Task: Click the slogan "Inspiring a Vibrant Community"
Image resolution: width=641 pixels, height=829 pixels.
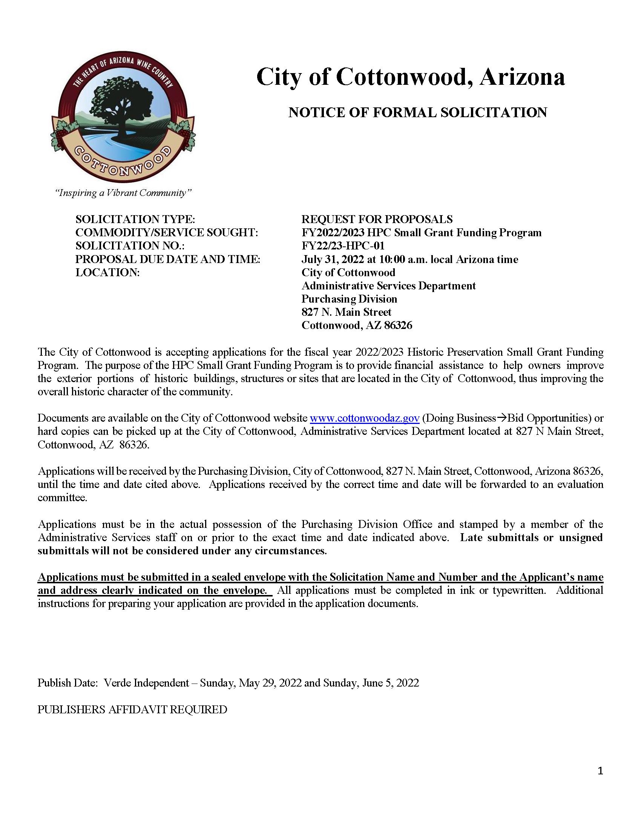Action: click(x=123, y=193)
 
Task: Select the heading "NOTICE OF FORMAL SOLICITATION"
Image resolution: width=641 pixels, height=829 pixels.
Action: click(x=418, y=112)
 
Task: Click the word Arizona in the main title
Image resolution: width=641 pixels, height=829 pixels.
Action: click(x=522, y=77)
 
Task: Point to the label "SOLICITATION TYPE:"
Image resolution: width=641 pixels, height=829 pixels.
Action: click(x=135, y=219)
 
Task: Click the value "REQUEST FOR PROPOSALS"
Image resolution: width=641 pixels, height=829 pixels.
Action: click(x=377, y=219)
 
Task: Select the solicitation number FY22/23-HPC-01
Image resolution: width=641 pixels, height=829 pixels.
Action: click(x=343, y=246)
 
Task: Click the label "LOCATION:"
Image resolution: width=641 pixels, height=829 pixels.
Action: click(x=107, y=272)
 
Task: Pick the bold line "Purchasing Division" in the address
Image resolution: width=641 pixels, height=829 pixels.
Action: click(x=349, y=299)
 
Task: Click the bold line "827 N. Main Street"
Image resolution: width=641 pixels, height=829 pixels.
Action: click(x=346, y=312)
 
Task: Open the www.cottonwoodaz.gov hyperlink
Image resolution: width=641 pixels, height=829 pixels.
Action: click(x=365, y=418)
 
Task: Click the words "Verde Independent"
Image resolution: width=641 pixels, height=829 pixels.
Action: click(x=146, y=683)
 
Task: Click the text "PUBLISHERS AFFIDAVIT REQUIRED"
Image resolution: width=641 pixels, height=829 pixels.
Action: click(x=132, y=710)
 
